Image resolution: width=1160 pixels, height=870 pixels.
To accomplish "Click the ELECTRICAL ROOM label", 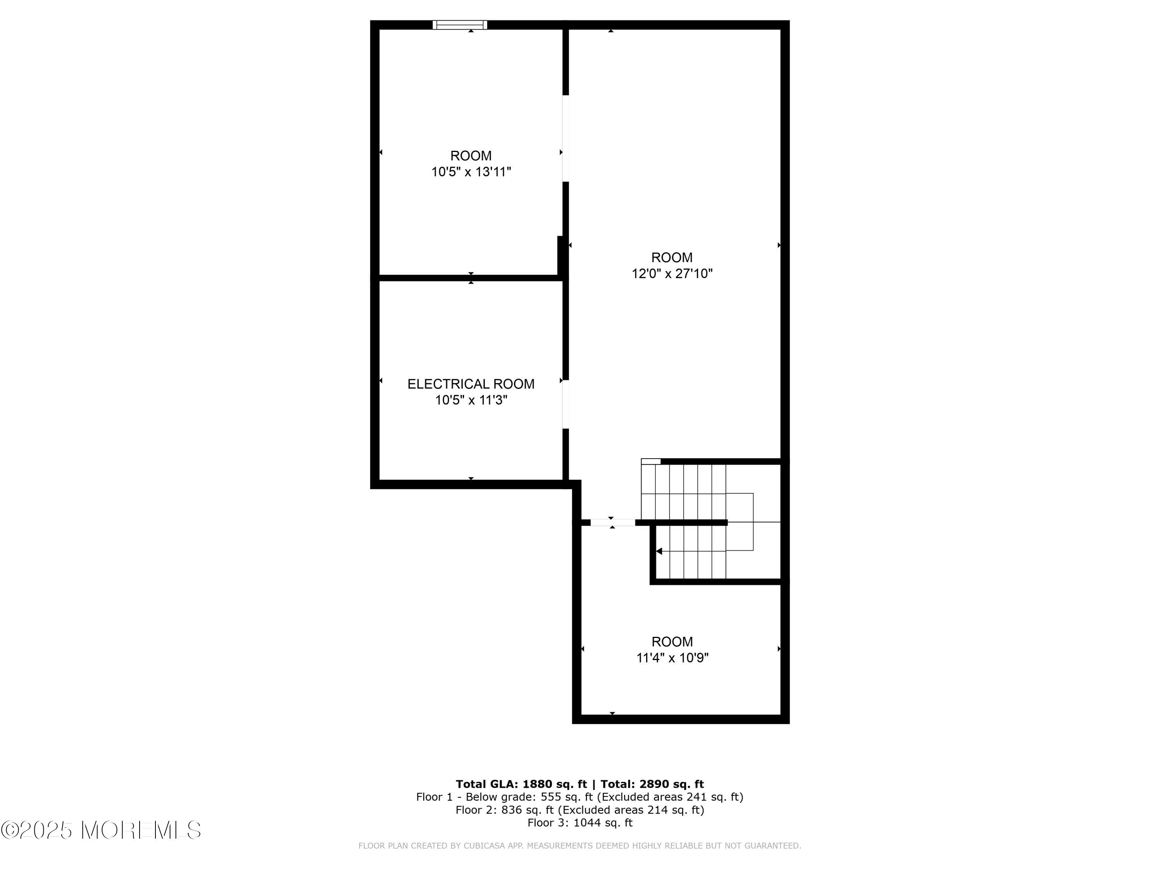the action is tap(471, 384).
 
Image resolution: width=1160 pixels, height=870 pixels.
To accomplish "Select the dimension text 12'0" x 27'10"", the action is tap(672, 274).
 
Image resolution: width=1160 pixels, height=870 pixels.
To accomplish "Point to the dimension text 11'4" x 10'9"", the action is tap(672, 658).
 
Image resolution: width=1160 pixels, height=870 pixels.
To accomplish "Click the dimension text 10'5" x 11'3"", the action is tap(471, 400).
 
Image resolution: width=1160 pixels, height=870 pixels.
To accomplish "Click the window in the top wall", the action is tap(460, 25).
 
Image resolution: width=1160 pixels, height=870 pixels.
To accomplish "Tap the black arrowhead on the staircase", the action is tap(659, 551).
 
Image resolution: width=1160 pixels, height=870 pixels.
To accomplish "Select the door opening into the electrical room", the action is tap(565, 404).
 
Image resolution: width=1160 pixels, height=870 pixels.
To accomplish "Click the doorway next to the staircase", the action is tap(612, 522).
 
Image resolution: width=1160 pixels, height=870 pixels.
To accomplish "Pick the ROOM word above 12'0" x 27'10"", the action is tap(672, 258).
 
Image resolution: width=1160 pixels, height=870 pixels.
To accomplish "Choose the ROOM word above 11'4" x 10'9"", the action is tap(672, 642).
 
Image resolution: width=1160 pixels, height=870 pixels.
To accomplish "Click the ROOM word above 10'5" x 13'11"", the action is tap(471, 156).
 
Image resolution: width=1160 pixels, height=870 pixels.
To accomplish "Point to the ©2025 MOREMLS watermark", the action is tap(101, 830).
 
